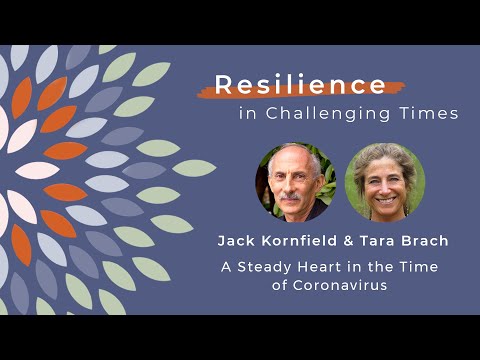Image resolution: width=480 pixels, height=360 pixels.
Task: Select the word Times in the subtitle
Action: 435,114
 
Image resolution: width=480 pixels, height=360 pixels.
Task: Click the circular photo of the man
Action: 294,182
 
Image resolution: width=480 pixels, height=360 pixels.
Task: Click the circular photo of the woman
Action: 384,182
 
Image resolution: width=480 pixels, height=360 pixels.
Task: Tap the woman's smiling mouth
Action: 385,199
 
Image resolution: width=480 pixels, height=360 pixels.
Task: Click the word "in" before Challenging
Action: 247,114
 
